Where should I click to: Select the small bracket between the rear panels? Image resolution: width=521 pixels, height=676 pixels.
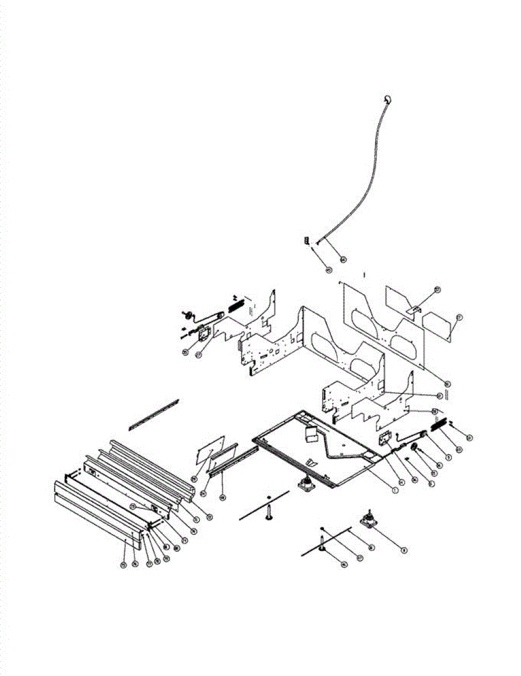click(x=415, y=309)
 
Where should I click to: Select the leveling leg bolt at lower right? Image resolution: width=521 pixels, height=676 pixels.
click(x=320, y=543)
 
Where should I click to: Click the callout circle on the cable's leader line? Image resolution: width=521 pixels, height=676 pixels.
click(x=343, y=260)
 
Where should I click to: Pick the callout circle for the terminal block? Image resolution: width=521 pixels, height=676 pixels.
click(x=329, y=270)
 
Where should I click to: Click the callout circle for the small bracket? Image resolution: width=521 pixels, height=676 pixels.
click(x=437, y=290)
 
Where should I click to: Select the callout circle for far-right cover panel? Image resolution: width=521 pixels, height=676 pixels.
click(x=459, y=318)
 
